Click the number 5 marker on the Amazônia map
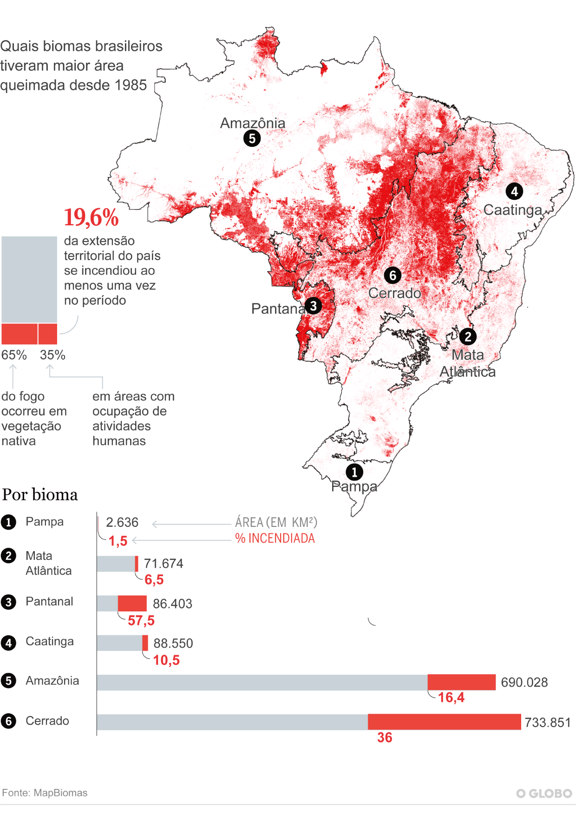252,138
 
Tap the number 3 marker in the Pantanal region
314,306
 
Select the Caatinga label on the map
512,210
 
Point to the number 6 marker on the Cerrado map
393,275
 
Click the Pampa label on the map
354,486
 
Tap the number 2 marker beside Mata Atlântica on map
468,336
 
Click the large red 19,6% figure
91,217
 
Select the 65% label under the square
14,355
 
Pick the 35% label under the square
52,355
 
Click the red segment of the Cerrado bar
444,722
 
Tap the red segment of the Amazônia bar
461,682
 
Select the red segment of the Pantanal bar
132,603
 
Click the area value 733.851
547,722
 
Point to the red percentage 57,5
141,620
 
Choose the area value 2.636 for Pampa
122,522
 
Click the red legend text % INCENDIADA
275,538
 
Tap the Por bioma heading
40,494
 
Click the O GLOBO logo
544,794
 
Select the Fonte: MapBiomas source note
45,793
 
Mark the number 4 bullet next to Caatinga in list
8,643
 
